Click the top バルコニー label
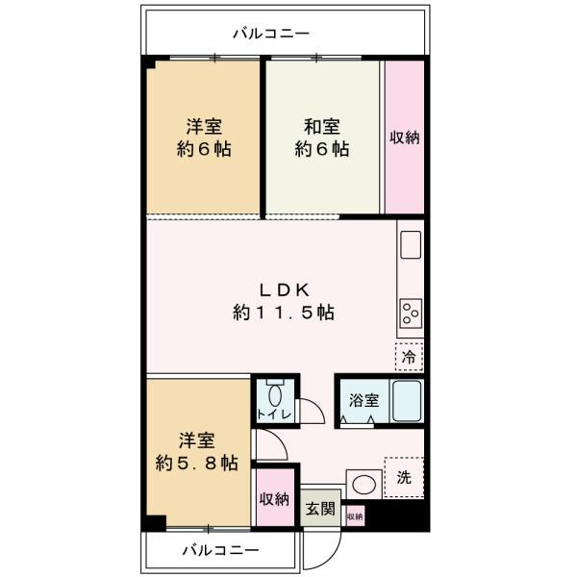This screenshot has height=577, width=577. [x=271, y=35]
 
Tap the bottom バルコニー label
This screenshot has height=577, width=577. [x=220, y=551]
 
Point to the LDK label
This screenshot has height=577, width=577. [x=283, y=288]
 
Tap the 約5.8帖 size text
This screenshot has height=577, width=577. [x=198, y=463]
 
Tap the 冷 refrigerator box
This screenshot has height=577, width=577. [x=409, y=357]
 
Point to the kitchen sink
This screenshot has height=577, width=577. [x=410, y=244]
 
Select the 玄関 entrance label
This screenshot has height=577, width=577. [x=321, y=509]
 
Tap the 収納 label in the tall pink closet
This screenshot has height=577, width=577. [x=405, y=138]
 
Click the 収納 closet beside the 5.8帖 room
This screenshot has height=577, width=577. [x=274, y=498]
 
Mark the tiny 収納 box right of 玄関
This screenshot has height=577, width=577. [x=355, y=516]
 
